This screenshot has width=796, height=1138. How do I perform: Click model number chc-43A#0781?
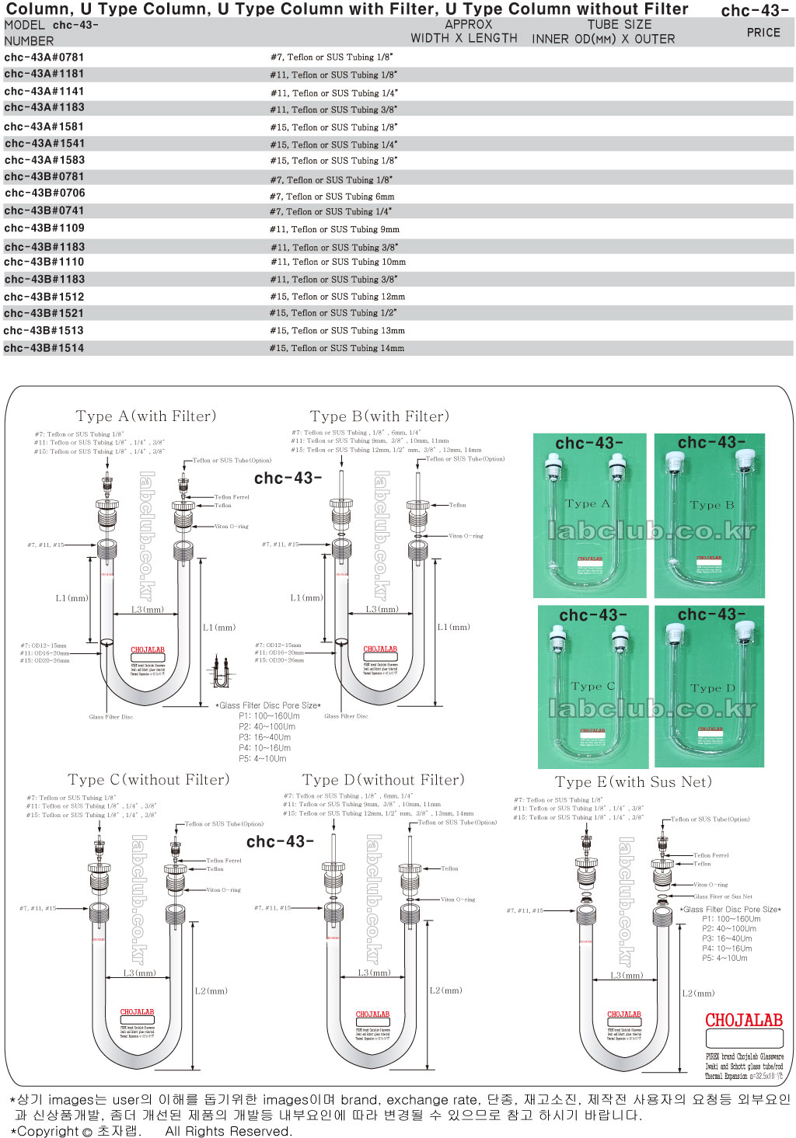click(44, 57)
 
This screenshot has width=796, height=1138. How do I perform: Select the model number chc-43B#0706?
click(45, 193)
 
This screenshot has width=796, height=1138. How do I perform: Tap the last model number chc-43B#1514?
click(44, 349)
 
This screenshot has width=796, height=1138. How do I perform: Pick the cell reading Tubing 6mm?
click(332, 197)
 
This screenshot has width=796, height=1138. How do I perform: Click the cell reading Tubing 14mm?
click(337, 349)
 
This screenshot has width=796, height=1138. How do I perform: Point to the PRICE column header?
click(763, 33)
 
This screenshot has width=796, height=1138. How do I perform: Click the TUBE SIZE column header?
click(620, 25)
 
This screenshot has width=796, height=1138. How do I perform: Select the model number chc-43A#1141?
click(44, 92)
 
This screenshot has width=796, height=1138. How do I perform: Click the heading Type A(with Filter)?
click(146, 416)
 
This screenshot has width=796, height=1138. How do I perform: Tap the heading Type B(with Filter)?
click(379, 416)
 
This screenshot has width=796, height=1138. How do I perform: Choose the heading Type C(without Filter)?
click(148, 780)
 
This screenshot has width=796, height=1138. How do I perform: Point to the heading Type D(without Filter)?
click(383, 780)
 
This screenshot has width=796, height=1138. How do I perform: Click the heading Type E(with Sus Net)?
click(634, 782)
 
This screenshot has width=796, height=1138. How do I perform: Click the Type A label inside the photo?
click(588, 503)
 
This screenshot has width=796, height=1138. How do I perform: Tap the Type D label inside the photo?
click(712, 688)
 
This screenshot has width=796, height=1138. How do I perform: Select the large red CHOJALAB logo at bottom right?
click(743, 1021)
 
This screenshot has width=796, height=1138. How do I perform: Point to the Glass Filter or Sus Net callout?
click(723, 896)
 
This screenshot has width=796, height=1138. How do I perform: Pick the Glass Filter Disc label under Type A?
click(110, 717)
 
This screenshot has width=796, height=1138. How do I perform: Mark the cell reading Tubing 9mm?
click(334, 230)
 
